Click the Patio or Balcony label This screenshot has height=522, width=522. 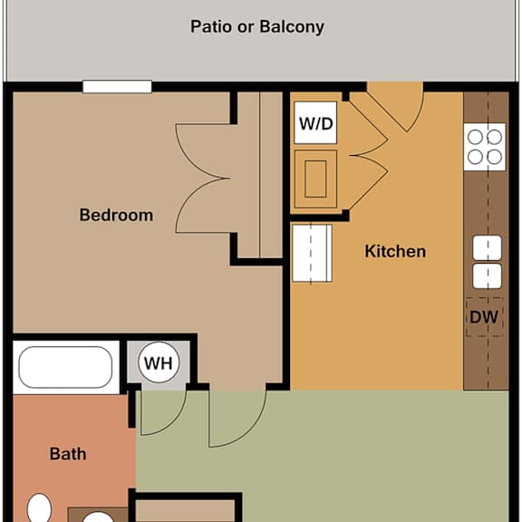point(257,26)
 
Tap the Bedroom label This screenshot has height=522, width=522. point(116,215)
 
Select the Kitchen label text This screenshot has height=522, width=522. point(395,251)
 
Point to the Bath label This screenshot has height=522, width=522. point(68,454)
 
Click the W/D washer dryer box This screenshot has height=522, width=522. point(315,123)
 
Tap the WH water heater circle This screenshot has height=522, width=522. point(159,362)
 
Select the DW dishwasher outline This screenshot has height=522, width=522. point(484,317)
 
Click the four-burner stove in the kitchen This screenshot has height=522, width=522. point(485,147)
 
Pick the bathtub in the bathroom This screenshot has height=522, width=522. point(65,367)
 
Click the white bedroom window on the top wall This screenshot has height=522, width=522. point(117,87)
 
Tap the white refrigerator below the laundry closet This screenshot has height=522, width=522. point(312,254)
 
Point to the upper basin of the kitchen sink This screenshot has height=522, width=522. point(487,247)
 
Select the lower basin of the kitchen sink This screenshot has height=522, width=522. point(487,276)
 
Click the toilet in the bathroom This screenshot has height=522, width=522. point(39,507)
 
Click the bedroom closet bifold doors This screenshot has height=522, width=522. point(203,179)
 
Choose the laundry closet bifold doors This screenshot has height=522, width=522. point(368,156)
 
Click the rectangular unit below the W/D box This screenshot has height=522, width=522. point(315,179)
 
